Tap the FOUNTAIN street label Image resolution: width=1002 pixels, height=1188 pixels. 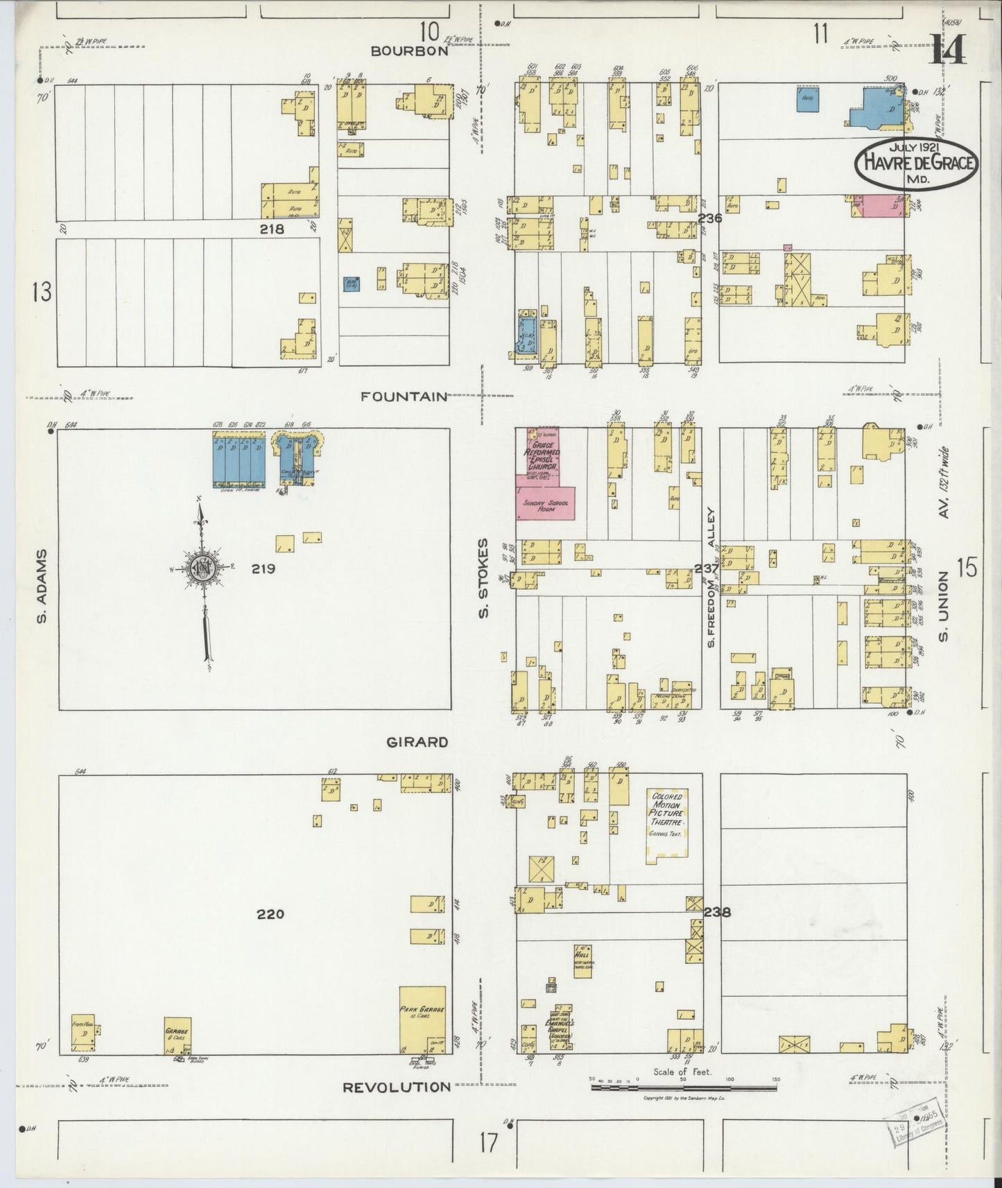404,396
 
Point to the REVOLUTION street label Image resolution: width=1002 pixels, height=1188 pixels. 397,1087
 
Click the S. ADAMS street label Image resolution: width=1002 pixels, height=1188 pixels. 42,586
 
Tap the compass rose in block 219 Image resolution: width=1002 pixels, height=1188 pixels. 204,567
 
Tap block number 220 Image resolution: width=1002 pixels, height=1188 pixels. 270,914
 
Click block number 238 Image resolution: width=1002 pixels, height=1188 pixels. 717,912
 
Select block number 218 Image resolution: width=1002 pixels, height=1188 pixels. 272,229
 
